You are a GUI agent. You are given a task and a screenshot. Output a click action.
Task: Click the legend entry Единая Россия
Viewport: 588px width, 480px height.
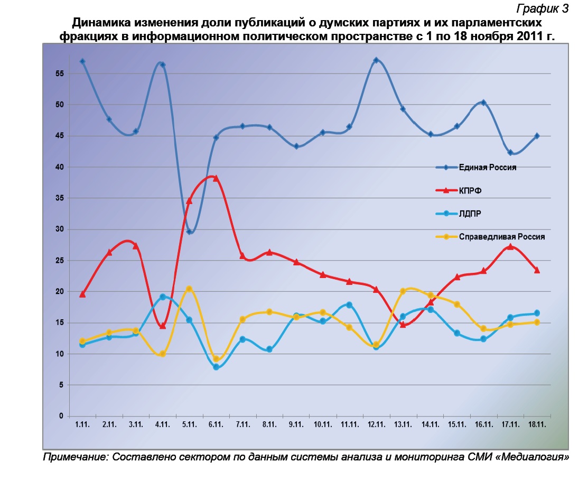(488, 168)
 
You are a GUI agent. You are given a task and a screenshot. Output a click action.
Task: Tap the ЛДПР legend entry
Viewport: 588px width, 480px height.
(470, 214)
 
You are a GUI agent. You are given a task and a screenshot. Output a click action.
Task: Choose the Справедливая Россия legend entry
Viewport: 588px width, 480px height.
(501, 237)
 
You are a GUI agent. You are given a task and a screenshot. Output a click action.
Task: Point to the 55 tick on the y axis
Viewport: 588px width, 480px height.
(60, 73)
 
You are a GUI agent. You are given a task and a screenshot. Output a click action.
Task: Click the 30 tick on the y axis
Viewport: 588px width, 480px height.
(60, 229)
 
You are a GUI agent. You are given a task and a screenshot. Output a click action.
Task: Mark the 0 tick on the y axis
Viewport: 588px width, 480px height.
(61, 417)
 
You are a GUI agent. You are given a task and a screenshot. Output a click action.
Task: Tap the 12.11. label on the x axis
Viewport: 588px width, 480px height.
(376, 425)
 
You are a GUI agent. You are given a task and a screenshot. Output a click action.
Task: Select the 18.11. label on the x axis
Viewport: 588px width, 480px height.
(537, 425)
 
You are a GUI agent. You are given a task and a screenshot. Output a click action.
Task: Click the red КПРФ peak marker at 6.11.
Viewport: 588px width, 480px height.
(216, 178)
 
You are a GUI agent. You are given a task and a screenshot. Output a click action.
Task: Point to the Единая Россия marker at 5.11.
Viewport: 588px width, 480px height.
(189, 232)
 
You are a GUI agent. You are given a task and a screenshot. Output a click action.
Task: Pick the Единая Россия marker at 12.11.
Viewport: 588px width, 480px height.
(376, 60)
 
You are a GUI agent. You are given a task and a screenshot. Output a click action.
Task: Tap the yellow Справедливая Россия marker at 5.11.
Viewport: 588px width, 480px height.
(189, 289)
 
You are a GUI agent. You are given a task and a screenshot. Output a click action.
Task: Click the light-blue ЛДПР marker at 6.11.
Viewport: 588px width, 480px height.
(216, 367)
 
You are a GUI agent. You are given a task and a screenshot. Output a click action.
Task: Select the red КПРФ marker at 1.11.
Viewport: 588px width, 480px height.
(82, 294)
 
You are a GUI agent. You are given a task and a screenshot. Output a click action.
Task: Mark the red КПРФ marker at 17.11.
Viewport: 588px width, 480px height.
(510, 246)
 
